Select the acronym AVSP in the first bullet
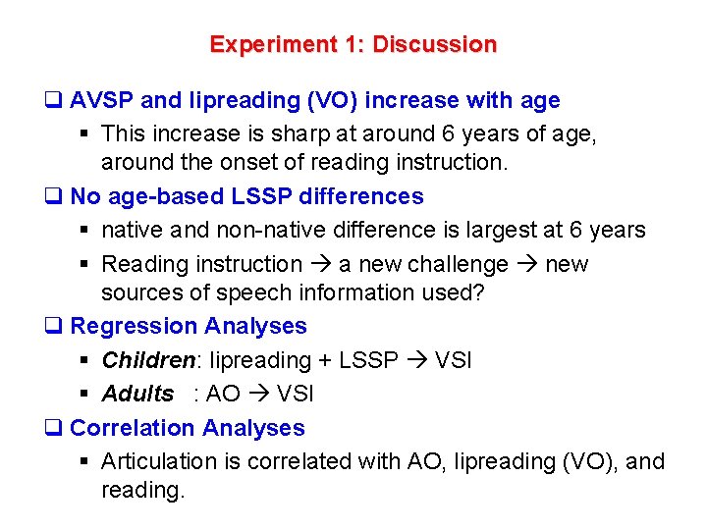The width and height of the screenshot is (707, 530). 103,100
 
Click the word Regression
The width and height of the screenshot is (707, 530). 134,326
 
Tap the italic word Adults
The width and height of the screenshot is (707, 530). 137,394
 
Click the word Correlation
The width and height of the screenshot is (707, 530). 133,428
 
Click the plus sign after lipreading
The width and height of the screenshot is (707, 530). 326,360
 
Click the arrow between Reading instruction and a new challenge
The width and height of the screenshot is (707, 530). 321,264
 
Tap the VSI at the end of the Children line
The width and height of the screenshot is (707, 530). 453,360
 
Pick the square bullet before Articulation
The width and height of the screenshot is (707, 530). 87,462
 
